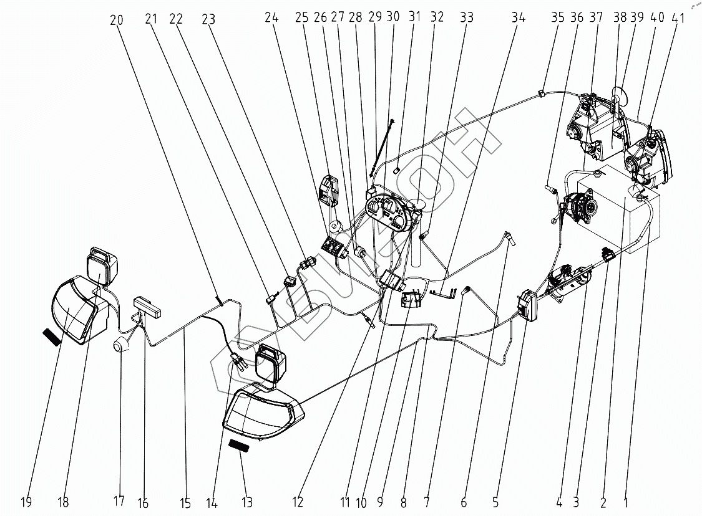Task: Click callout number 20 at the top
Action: coord(117,20)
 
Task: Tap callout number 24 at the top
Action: coord(271,17)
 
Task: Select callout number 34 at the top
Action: coord(519,17)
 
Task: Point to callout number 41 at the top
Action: coord(679,18)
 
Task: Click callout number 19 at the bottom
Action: coord(26,502)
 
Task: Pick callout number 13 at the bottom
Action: coord(247,502)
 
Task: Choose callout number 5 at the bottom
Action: coord(495,502)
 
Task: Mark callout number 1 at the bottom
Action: coord(626,502)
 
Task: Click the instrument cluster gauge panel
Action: coord(389,213)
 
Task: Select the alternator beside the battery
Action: coord(581,205)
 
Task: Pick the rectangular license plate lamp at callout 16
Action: coord(148,306)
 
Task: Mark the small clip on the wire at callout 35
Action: coord(540,93)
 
